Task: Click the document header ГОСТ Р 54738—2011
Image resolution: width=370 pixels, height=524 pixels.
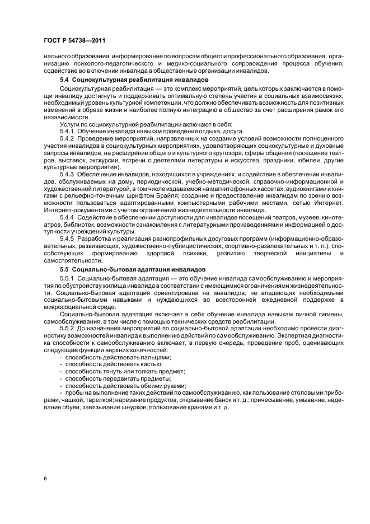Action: (74, 41)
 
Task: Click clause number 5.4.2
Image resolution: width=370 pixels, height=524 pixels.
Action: (68, 138)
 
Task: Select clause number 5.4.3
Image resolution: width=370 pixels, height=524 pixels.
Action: (68, 175)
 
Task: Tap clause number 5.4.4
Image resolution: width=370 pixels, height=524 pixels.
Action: (68, 217)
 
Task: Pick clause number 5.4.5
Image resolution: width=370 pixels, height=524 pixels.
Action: (68, 239)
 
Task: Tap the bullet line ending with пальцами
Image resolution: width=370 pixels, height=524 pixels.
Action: (118, 357)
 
